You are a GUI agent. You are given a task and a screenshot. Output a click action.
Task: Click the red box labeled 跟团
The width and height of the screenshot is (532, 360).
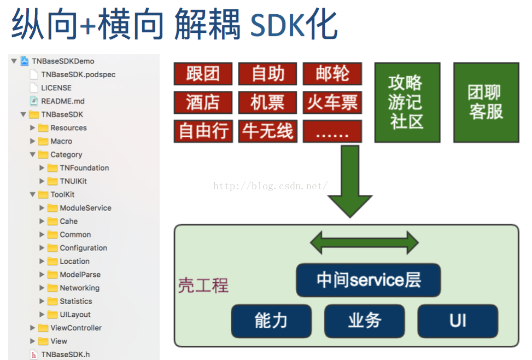pos(203,74)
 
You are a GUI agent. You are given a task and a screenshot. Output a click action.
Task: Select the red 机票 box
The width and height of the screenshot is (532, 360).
pos(267,102)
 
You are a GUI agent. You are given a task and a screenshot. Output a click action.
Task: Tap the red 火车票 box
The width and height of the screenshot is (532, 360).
pos(332,102)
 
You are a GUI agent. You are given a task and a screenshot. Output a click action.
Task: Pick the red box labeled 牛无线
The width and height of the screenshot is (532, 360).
pos(267,131)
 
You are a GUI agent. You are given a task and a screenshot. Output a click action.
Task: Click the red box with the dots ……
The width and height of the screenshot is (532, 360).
pos(332,131)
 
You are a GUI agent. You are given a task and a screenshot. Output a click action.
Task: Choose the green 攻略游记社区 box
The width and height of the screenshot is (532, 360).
pos(406,102)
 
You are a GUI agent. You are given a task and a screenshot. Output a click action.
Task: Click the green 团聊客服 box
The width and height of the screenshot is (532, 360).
pos(486,102)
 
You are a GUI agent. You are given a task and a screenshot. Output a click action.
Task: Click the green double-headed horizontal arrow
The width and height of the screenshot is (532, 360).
pos(364,242)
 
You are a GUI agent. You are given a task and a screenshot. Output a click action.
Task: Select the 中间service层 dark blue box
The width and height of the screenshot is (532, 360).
pos(368,280)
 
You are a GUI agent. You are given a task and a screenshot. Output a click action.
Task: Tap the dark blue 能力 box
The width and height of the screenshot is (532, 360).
pos(271,321)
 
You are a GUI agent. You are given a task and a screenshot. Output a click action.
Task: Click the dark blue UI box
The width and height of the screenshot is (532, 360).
pos(458,321)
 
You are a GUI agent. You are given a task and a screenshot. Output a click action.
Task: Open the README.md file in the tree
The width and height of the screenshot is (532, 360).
pos(62,101)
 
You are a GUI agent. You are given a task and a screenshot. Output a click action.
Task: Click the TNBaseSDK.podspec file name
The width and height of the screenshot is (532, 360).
pos(78,74)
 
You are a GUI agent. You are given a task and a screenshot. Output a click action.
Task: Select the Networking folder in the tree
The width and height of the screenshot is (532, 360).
pos(79,288)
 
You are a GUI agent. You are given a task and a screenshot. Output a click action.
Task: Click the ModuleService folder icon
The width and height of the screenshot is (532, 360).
pos(52,208)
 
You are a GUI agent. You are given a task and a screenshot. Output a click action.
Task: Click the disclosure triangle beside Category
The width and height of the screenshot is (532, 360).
pos(33,155)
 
